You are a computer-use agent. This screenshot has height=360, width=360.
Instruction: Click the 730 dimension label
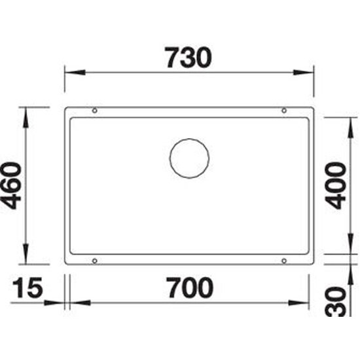click(189, 58)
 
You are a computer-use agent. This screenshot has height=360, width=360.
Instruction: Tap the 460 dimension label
click(11, 186)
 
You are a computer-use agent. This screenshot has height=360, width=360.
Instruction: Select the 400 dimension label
click(335, 185)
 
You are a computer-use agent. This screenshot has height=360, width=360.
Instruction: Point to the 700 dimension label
click(190, 288)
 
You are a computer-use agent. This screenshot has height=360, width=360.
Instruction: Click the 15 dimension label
click(27, 288)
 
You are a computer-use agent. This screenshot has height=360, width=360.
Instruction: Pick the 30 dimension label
click(335, 302)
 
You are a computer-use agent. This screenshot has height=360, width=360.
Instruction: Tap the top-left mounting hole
click(95, 111)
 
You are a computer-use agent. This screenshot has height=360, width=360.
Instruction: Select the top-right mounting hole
click(284, 111)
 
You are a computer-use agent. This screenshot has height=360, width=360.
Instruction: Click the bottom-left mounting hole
click(95, 261)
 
